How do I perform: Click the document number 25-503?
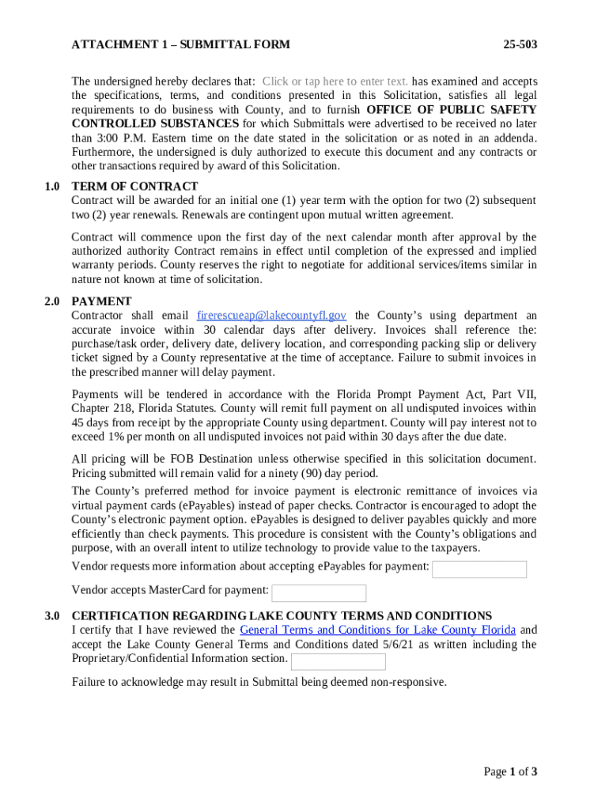(520, 45)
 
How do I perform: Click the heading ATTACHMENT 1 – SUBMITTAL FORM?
(180, 45)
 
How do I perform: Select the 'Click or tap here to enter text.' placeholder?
(335, 81)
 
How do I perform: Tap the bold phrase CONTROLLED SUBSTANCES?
(155, 124)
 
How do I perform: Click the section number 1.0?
(52, 187)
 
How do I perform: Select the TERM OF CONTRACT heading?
(134, 187)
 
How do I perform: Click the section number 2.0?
(52, 301)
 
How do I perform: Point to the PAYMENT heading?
(101, 301)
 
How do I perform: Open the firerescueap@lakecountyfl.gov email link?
(271, 316)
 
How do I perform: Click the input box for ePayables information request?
(479, 570)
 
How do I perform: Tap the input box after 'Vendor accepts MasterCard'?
(319, 593)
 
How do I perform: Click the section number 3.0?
(52, 616)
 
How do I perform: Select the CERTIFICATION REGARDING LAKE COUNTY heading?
(282, 616)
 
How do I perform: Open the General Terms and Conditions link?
(377, 630)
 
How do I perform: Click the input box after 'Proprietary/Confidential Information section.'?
(339, 662)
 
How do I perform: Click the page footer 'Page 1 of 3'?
(511, 772)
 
